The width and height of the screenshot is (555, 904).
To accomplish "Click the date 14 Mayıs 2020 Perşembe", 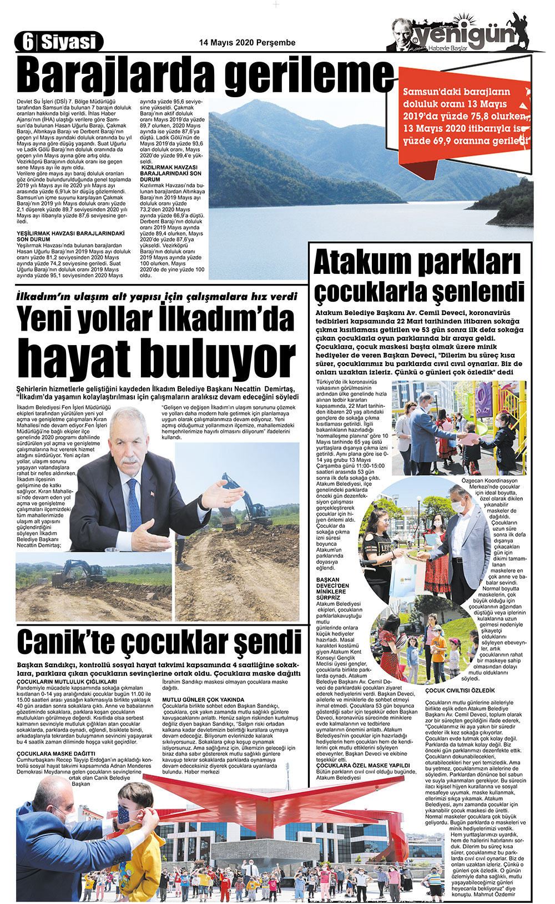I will click(x=247, y=43).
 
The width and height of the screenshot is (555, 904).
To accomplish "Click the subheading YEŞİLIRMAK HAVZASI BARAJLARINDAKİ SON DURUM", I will click(x=71, y=236).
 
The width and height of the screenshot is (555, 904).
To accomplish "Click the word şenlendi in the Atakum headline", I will click(x=478, y=292).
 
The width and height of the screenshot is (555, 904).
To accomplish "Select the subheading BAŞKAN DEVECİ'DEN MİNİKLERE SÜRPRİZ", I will click(x=333, y=588).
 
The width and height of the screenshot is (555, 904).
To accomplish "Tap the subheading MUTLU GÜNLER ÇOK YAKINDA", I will click(x=203, y=700).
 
